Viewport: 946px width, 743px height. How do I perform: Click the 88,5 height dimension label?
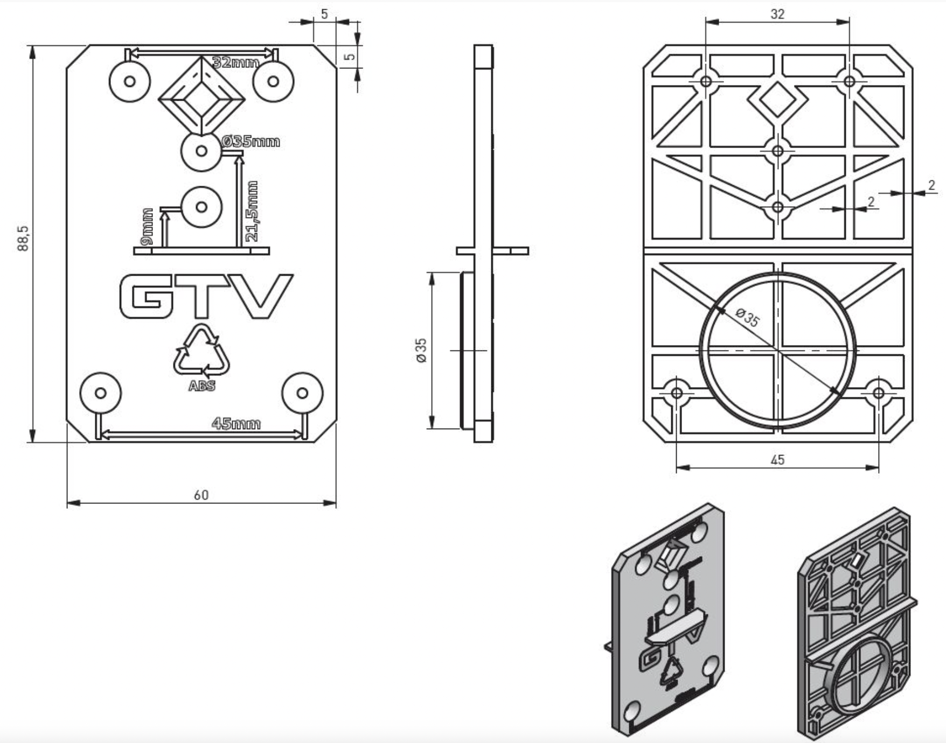point(23,238)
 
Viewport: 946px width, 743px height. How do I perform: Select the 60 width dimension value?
point(201,495)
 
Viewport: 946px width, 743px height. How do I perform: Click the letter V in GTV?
point(263,296)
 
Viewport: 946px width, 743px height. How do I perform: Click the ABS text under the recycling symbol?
point(201,386)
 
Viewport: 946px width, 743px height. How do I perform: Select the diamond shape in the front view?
point(201,97)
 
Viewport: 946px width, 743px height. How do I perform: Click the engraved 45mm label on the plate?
point(236,424)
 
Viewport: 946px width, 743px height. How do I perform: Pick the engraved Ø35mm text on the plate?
point(251,142)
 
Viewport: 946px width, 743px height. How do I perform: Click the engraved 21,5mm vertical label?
point(252,211)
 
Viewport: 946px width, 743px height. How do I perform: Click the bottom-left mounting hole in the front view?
point(101,393)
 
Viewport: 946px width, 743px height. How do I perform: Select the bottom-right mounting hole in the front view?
point(302,393)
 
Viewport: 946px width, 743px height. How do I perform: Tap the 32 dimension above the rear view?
point(777,14)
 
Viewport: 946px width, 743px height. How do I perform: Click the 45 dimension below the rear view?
point(777,460)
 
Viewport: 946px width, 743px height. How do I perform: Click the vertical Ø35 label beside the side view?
point(421,350)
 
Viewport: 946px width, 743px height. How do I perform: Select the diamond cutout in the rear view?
point(777,100)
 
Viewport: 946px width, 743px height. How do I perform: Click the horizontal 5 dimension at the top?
point(324,14)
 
